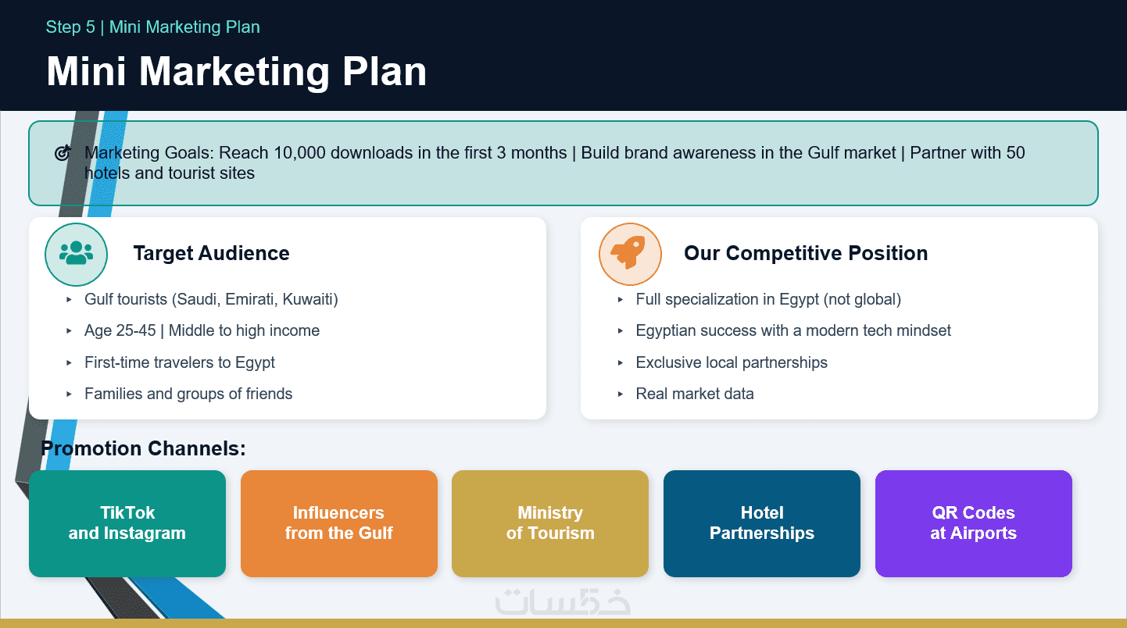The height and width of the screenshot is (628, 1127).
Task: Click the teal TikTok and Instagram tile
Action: [x=127, y=523]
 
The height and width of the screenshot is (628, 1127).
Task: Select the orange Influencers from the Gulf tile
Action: [x=338, y=523]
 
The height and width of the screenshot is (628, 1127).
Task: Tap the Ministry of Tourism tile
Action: [x=550, y=523]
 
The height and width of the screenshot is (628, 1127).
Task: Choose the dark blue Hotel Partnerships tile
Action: [x=762, y=523]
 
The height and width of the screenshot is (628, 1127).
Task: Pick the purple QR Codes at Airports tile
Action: [x=974, y=523]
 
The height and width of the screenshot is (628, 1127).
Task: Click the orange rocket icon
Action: [x=629, y=252]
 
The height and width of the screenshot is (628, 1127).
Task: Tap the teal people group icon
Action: [x=76, y=253]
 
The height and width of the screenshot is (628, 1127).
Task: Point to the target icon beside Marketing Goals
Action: [x=63, y=152]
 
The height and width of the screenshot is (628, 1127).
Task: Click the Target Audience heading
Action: [x=211, y=253]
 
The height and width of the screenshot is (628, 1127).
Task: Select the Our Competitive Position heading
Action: [x=806, y=253]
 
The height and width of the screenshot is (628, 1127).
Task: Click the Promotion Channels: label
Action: [x=143, y=448]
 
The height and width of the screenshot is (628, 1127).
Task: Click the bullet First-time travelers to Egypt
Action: [x=180, y=362]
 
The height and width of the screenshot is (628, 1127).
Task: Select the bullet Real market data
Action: [x=695, y=394]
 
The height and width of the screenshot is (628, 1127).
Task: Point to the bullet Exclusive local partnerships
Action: [x=732, y=362]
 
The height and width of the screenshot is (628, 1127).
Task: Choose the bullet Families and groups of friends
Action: [x=188, y=394]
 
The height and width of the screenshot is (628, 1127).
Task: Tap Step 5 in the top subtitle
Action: [x=70, y=27]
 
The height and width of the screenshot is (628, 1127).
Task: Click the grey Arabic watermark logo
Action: [x=563, y=601]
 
